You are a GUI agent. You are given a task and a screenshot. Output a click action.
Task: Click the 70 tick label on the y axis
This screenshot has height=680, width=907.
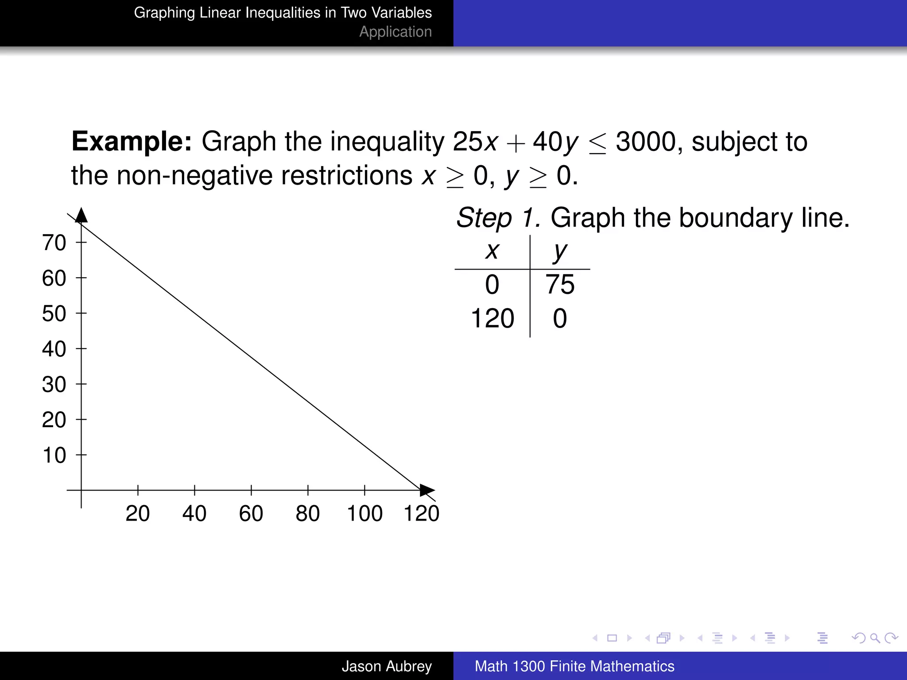pos(54,243)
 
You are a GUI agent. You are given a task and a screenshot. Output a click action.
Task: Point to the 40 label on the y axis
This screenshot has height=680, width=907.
pos(54,349)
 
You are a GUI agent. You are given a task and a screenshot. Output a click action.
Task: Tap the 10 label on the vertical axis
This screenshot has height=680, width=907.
pos(54,455)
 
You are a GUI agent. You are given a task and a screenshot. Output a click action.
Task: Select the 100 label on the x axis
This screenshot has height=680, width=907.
pos(364,514)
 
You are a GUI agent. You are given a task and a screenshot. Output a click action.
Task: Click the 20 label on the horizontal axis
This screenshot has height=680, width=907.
pos(137,514)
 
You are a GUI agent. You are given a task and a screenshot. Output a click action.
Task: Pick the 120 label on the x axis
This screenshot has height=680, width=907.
pos(421,514)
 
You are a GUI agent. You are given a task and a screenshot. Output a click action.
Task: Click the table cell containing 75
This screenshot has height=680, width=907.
pos(560,284)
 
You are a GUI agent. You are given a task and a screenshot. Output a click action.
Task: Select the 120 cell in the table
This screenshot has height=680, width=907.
pos(492,318)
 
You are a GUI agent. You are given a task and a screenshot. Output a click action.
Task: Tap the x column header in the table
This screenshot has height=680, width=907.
pos(492,251)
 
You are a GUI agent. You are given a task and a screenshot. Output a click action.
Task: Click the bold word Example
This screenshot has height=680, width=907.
pos(132,142)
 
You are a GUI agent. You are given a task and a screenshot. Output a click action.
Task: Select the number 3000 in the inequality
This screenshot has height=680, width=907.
pos(646,142)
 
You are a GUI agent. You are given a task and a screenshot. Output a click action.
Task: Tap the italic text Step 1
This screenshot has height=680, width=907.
pos(498,218)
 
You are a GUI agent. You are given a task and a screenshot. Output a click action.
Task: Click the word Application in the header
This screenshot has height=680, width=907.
pos(395,32)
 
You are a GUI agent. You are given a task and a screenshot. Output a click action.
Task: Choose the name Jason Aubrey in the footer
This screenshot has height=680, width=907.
pos(386,666)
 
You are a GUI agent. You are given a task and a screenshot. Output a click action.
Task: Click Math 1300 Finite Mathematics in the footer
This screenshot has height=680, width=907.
pos(574,666)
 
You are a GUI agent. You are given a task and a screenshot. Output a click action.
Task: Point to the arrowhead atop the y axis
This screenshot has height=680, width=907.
pos(81,215)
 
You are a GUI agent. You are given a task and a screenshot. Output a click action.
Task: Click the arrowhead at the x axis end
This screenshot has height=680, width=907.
pos(427,490)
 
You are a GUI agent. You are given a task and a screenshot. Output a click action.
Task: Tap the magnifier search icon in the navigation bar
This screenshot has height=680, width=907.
pos(875,638)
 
